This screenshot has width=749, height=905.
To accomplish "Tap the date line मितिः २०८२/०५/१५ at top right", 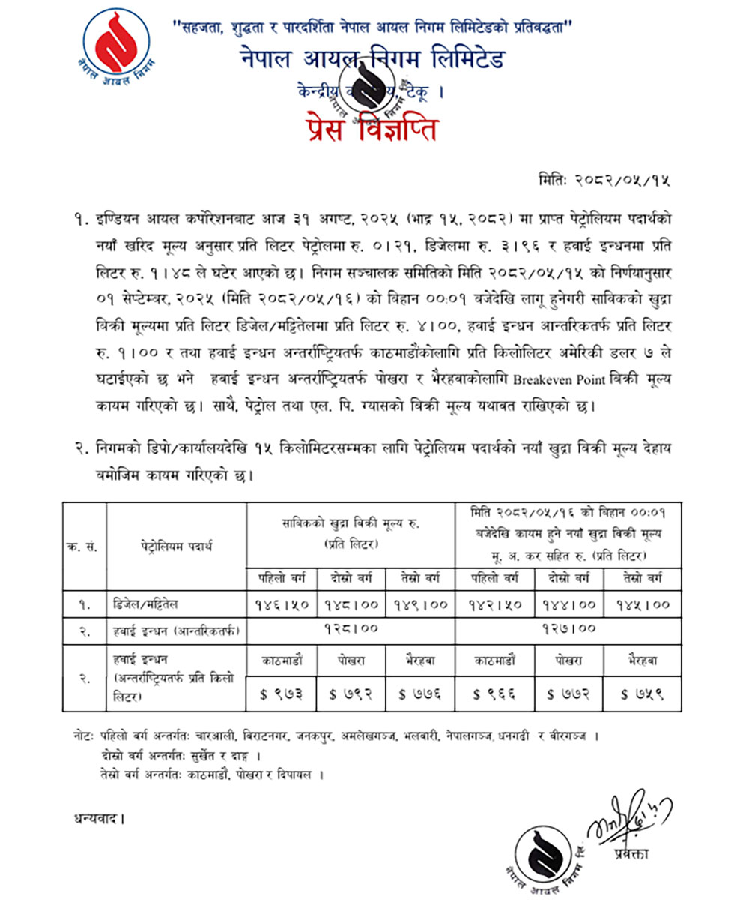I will pos(604,180).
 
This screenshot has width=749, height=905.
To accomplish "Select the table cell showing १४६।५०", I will pos(282,604).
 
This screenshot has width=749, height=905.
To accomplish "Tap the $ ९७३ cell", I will pos(282,694).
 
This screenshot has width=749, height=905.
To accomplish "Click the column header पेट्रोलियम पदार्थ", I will pos(177,546).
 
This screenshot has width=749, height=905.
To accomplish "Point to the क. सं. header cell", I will pos(84,546).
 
